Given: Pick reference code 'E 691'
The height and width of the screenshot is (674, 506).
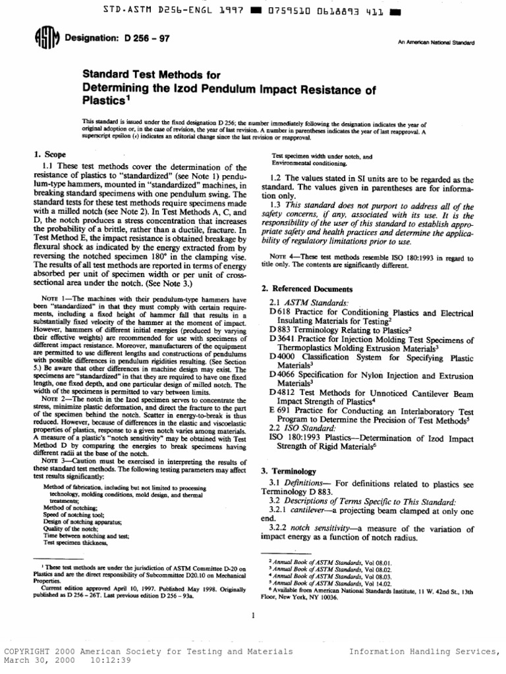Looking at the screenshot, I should [x=280, y=410].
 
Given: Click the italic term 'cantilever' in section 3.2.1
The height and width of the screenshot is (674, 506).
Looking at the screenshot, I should [x=318, y=511].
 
